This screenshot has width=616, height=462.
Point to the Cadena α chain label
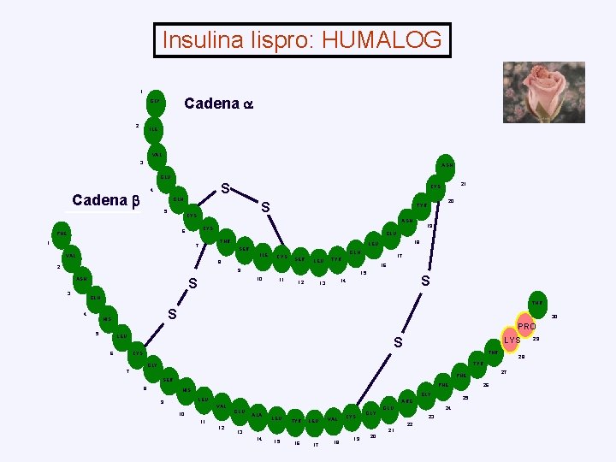pos(219,104)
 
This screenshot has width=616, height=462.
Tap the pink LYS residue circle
pos(512,341)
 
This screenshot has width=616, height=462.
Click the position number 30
pos(554,317)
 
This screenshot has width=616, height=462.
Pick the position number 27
pos(504,372)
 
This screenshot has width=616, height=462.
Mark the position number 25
pos(465,398)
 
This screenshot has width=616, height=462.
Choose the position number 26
pos(486,385)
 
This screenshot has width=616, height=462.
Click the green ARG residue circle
pos(407,400)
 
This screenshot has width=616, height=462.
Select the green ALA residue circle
pos(257,415)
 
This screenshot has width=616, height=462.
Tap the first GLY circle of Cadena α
pos(155,101)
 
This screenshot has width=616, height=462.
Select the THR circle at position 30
pos(537,303)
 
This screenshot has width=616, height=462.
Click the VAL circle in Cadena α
pos(157,155)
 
